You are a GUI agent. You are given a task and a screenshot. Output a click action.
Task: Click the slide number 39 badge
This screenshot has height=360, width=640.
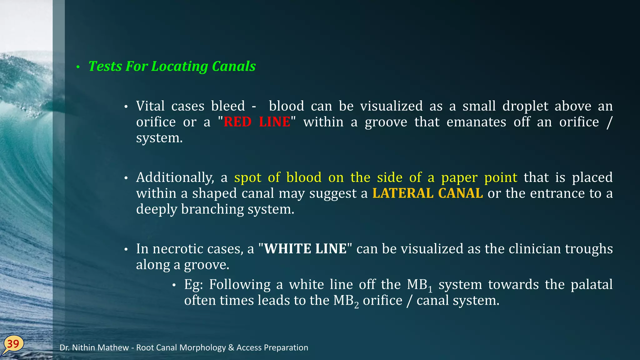point(13,344)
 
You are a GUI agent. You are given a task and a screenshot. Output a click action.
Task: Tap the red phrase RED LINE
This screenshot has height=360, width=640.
point(257,122)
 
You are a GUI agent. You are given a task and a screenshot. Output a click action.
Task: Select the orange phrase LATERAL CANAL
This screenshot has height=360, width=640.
point(427,193)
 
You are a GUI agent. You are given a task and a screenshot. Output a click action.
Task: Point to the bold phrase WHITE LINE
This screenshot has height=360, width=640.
point(305,249)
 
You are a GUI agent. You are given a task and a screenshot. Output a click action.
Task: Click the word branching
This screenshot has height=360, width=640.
point(212,209)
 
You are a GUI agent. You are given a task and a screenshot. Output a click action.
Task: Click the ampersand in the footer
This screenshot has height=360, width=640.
point(231,347)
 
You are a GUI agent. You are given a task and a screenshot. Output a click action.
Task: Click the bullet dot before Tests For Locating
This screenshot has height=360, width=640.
point(78,67)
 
